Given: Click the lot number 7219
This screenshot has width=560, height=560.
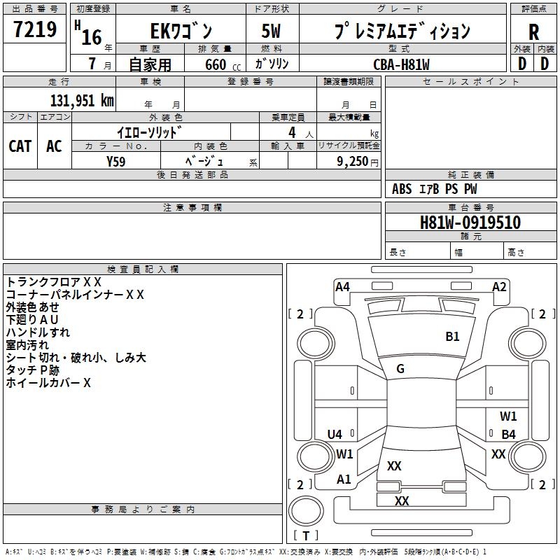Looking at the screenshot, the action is (35, 29).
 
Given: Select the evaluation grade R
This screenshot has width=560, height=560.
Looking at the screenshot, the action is (533, 32).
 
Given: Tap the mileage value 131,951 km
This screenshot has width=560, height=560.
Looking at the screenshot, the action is (82, 101).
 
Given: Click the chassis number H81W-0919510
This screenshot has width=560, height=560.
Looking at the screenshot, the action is (470, 223).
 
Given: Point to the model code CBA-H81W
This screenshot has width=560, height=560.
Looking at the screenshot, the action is (401, 64).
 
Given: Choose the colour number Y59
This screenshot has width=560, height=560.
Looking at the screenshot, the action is (115, 162).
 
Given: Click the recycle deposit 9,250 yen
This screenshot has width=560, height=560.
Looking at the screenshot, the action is (358, 162).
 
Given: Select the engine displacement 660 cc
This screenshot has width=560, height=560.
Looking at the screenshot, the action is (223, 65).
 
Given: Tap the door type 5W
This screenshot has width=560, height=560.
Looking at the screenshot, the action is (271, 31).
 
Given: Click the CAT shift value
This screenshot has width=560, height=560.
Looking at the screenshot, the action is (20, 146).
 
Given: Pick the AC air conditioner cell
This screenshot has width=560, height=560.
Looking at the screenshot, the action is (55, 146).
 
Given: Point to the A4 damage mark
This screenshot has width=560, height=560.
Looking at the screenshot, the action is (342, 287).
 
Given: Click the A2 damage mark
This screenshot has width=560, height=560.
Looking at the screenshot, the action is (499, 287).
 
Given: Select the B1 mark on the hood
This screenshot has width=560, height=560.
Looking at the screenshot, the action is (452, 337).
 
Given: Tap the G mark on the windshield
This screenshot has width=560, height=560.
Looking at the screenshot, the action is (400, 369).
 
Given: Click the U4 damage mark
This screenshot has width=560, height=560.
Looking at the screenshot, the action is (335, 434).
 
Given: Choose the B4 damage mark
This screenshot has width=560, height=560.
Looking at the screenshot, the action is (508, 434).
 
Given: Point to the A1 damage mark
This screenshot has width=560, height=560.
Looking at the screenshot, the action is (344, 479).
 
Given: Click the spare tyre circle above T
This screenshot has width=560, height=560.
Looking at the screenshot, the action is (306, 511).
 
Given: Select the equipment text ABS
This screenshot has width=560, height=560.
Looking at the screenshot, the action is (402, 189).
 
